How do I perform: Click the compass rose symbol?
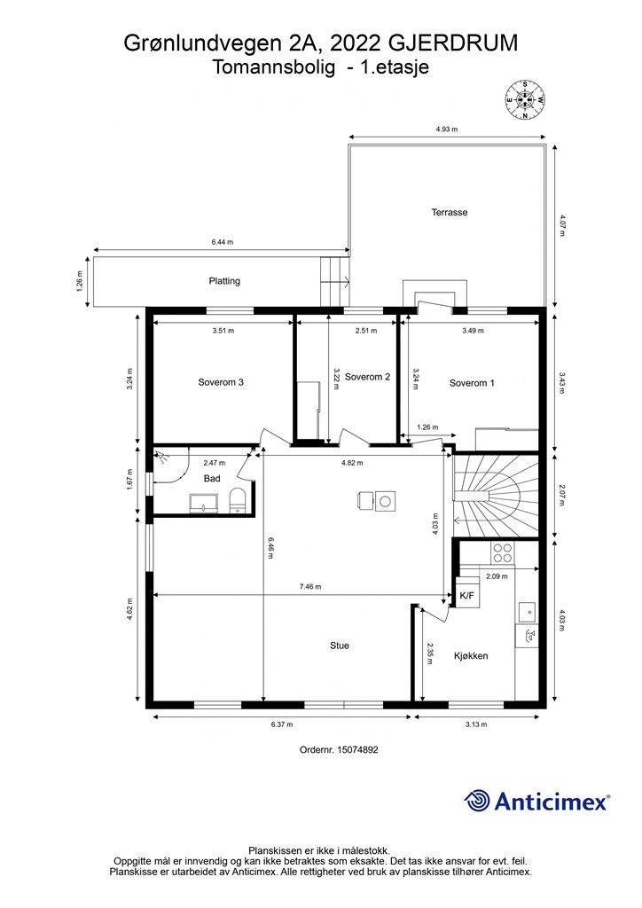tap(524, 99)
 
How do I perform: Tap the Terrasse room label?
tap(450, 212)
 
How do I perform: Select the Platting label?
tap(224, 281)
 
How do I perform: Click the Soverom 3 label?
tap(221, 382)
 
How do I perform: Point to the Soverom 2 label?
tap(368, 377)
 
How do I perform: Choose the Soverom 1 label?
tap(472, 383)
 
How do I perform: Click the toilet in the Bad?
tap(238, 500)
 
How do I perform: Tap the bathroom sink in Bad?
tap(204, 504)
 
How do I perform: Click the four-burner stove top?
tap(502, 553)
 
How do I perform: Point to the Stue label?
tap(340, 646)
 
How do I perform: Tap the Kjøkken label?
tap(471, 656)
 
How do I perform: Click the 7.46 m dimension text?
tap(310, 587)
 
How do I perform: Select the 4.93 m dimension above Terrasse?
tap(446, 129)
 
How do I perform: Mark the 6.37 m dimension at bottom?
tap(281, 724)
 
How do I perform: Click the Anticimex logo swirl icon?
tap(476, 802)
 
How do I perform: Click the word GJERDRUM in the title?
tap(453, 43)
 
